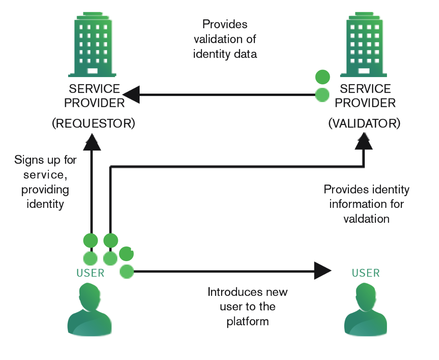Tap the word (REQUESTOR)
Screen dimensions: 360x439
pyautogui.click(x=93, y=123)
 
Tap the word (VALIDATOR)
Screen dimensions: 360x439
pyautogui.click(x=364, y=123)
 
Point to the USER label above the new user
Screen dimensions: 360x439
pyautogui.click(x=366, y=273)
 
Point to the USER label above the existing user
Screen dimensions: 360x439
pyautogui.click(x=90, y=273)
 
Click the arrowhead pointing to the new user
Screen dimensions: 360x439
pyautogui.click(x=323, y=271)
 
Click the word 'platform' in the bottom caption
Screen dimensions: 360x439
pyautogui.click(x=247, y=321)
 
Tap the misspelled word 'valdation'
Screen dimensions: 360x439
pyautogui.click(x=366, y=219)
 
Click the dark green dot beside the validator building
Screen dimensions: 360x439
pyautogui.click(x=322, y=76)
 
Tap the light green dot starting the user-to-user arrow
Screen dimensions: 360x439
pyautogui.click(x=127, y=272)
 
